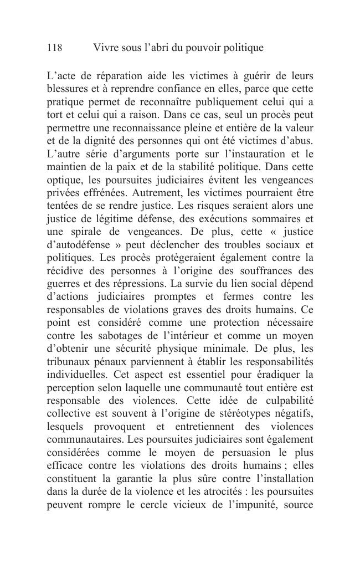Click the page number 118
coord(54,48)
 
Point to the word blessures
coord(69,89)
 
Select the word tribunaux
coord(69,363)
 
